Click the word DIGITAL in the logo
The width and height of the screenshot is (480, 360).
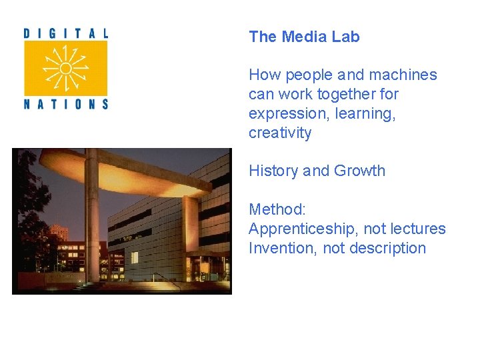coord(65,33)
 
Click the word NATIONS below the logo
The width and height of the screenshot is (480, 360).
coord(65,103)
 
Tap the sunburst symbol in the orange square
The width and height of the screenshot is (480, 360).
coord(65,68)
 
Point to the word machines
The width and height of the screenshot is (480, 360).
coord(407,75)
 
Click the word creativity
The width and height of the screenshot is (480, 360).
coord(280,133)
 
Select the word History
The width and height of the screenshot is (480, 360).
coord(273,171)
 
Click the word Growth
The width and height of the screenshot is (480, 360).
coord(359,171)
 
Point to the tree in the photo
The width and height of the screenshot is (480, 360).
coord(27,200)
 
